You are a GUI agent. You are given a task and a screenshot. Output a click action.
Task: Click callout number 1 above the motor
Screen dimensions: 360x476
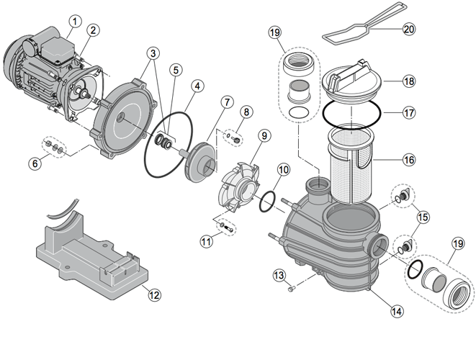73,22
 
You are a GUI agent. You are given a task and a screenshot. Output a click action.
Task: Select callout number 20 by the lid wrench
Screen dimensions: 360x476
409,30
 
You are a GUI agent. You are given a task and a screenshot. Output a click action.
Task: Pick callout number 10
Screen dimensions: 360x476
282,169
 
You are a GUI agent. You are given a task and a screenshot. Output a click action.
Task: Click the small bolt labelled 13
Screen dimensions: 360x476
291,288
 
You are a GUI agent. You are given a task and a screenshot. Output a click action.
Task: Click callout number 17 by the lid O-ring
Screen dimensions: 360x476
408,112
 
